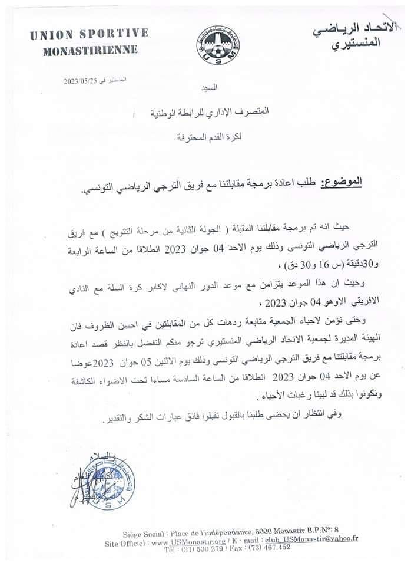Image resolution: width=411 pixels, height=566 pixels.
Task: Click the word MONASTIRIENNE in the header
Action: coord(91,50)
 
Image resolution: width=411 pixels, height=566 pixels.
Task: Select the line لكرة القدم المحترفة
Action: coord(210,139)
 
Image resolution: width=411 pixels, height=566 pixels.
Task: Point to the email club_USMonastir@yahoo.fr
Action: coord(321,538)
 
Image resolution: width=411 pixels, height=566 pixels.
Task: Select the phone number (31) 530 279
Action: coord(207,547)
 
